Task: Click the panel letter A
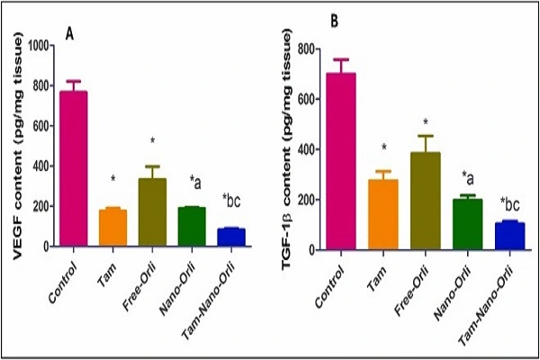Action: pyautogui.click(x=69, y=33)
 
